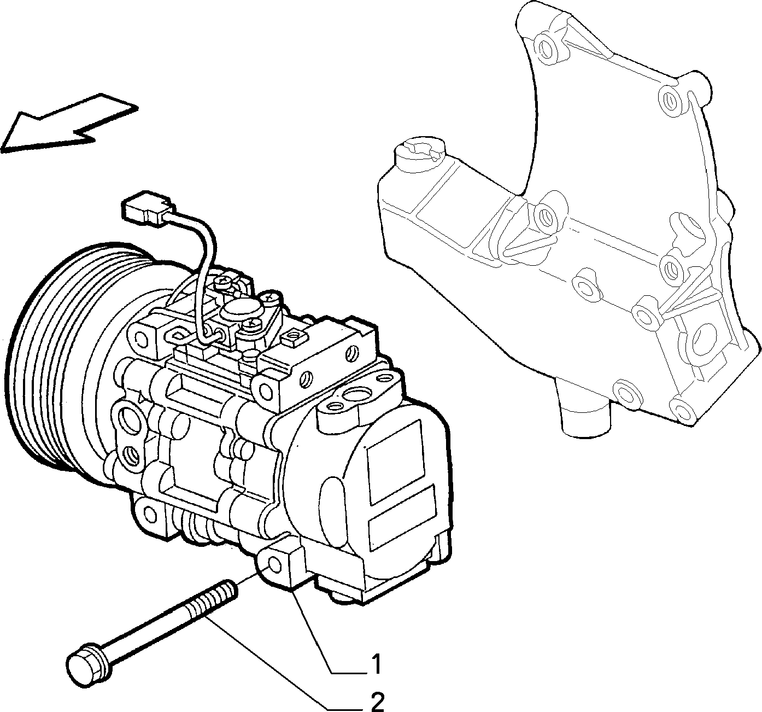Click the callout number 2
(x=377, y=701)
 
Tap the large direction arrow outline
(x=69, y=123)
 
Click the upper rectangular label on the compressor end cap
(x=396, y=462)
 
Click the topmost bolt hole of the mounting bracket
(x=546, y=48)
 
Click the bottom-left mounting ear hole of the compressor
(x=150, y=514)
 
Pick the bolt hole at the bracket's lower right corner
(x=679, y=408)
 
